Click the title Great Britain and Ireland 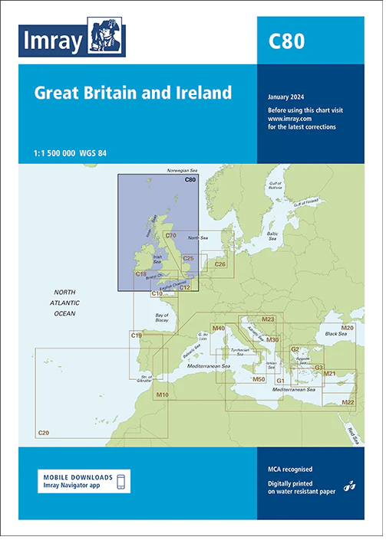(133, 93)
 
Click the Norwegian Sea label (183, 172)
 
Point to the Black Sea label (335, 334)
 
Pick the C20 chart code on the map (43, 434)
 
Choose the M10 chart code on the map (162, 394)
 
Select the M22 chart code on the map (348, 401)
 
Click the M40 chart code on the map (218, 329)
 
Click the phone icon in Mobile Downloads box (120, 481)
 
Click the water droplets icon (348, 485)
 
